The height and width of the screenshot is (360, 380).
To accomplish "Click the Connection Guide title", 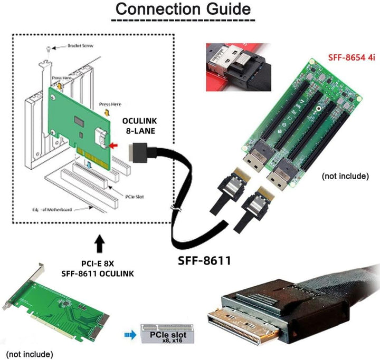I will [x=183, y=9].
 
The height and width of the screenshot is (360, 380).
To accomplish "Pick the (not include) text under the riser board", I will [x=345, y=176].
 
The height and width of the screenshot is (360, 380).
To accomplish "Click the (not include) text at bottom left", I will [x=29, y=353].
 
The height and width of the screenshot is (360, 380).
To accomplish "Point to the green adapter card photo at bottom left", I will [x=63, y=306].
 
